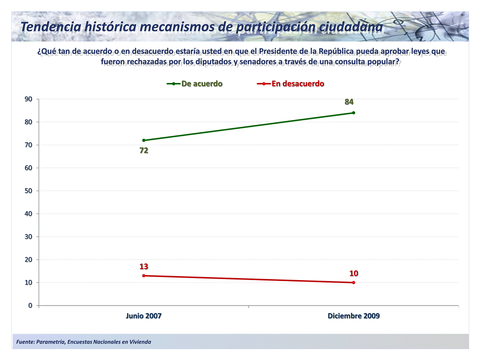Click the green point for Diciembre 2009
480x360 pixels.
point(354,113)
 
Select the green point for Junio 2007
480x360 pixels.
point(144,140)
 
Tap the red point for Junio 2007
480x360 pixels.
point(144,276)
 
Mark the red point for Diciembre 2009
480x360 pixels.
point(354,283)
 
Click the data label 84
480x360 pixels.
point(349,102)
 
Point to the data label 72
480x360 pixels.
point(144,151)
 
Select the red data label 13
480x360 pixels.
point(144,267)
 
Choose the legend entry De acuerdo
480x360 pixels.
point(195,84)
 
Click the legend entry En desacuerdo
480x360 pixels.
point(291,84)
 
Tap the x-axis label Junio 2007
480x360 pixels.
point(143,316)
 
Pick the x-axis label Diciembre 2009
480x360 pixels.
point(354,316)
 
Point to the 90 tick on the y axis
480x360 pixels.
point(28,99)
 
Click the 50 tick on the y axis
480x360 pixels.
point(28,191)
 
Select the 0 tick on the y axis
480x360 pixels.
point(30,306)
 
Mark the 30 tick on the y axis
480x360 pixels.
point(28,237)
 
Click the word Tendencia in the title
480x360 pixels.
point(51,27)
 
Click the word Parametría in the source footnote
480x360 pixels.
point(50,342)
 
